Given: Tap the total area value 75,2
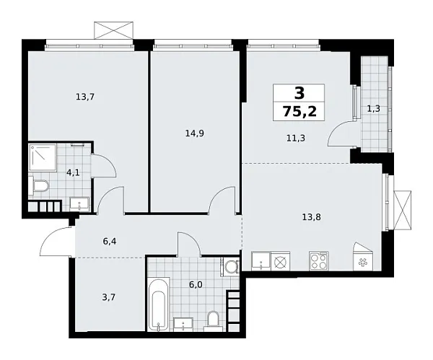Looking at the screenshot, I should tap(299, 112).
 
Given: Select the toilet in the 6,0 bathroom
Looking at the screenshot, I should tap(213, 318).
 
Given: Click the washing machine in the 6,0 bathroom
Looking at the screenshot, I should tap(231, 267).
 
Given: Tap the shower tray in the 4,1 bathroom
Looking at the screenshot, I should tap(41, 157).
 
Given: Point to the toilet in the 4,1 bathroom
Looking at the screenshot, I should tap(40, 188).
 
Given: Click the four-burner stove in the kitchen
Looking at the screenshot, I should tap(318, 261).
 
